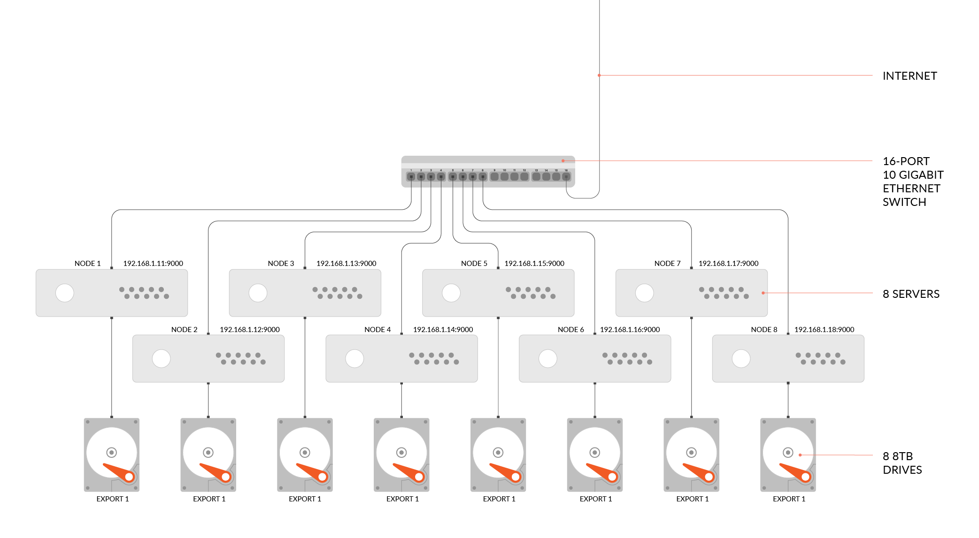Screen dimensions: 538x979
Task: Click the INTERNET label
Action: coord(910,76)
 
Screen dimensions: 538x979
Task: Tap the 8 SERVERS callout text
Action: coord(911,294)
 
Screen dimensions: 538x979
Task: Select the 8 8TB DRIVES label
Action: coord(902,463)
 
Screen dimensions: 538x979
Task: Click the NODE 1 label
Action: coord(87,264)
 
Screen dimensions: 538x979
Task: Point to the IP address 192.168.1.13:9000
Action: coord(346,264)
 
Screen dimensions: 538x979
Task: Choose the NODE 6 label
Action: coord(570,330)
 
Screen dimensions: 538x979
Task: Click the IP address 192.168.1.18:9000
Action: coord(824,330)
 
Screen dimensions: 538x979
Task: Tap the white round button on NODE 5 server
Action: coord(451,293)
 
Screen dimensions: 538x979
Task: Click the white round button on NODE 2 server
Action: coord(162,359)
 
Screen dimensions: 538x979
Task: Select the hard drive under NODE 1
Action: coord(112,455)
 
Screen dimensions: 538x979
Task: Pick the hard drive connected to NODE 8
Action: coord(788,455)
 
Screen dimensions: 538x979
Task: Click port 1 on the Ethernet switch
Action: coord(411,177)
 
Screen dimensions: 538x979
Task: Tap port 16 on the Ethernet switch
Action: coord(566,177)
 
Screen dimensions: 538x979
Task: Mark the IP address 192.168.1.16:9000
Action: coord(630,330)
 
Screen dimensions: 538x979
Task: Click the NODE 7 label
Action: coord(667,264)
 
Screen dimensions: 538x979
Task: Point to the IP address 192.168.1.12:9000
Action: coord(249,330)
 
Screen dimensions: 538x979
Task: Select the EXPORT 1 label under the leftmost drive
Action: coord(113,499)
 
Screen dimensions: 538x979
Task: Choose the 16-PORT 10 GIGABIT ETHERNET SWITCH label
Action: coord(913,182)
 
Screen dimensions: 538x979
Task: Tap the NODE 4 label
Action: coord(378,330)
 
